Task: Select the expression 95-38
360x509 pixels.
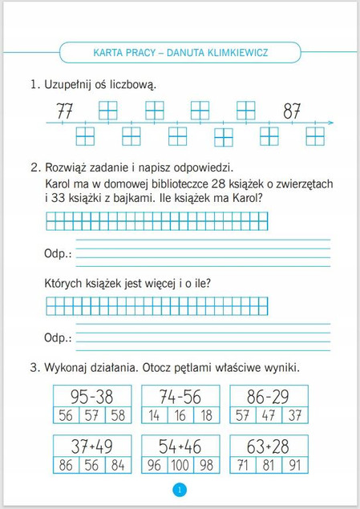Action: pos(91,396)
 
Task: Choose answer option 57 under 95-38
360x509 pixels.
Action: pos(91,414)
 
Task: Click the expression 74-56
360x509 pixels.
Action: pos(180,396)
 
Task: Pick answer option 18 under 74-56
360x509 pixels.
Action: pos(208,414)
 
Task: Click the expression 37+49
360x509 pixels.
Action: pos(91,447)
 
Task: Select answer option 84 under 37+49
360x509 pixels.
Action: pos(119,466)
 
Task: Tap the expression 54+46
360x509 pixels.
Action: pos(180,447)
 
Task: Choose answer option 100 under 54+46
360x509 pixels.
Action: pos(180,466)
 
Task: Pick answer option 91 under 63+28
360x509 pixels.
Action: pos(296,466)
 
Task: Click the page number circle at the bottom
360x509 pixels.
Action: pos(180,491)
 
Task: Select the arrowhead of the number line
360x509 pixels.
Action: pos(329,123)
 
